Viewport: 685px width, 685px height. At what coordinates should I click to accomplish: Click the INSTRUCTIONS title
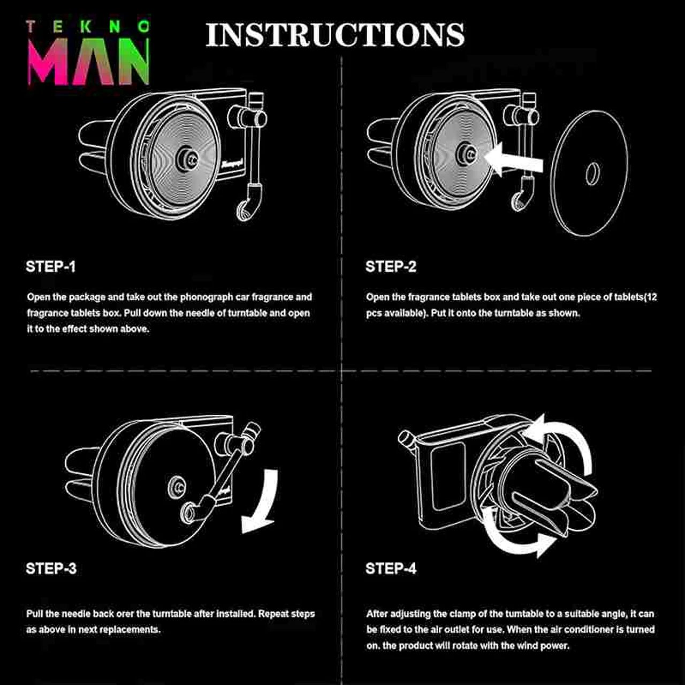335,35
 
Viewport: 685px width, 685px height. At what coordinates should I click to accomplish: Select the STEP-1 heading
51,267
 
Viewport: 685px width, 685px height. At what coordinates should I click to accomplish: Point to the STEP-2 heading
391,267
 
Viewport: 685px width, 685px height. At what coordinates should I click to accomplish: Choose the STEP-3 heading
51,568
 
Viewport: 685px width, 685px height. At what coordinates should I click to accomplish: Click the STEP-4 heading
391,568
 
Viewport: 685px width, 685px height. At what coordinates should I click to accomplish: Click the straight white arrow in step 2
514,160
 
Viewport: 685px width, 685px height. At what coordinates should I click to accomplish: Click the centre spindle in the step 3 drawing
177,486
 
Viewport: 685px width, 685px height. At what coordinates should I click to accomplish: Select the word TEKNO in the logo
88,27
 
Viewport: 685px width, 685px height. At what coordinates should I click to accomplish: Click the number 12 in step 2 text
652,297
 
